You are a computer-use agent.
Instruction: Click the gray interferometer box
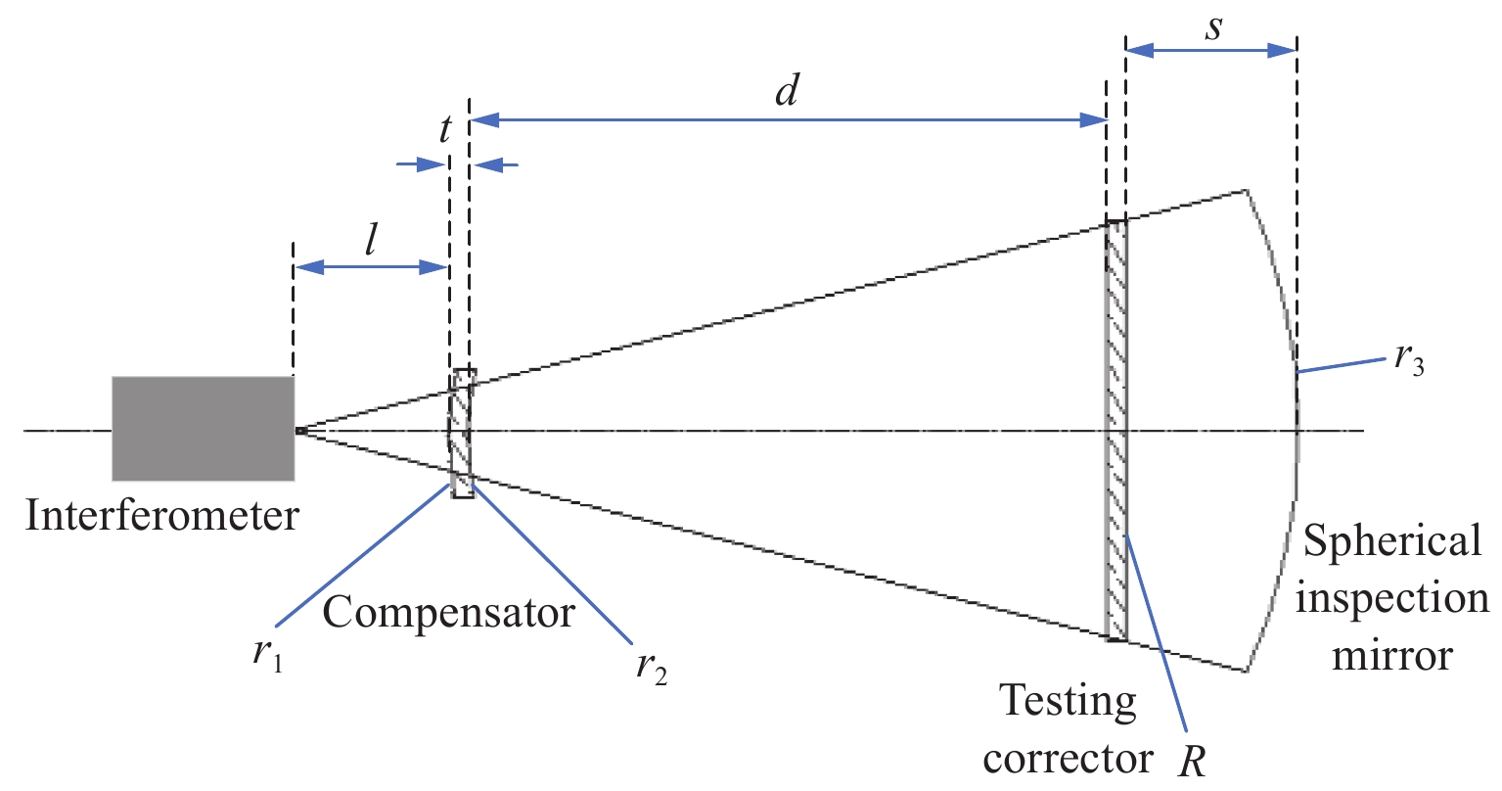203,428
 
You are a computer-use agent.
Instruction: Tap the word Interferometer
161,515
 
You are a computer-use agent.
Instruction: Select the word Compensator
448,613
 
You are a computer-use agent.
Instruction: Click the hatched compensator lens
462,433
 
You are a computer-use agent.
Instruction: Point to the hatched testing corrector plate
1116,431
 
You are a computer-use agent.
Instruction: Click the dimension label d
787,91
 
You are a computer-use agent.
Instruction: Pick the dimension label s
1213,27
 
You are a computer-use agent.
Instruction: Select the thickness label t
445,129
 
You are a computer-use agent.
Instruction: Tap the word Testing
1068,701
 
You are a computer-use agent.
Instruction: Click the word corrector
1068,759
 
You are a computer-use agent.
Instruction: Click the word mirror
1392,654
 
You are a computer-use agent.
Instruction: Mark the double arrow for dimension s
1211,51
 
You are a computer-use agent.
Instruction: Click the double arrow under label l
371,266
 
